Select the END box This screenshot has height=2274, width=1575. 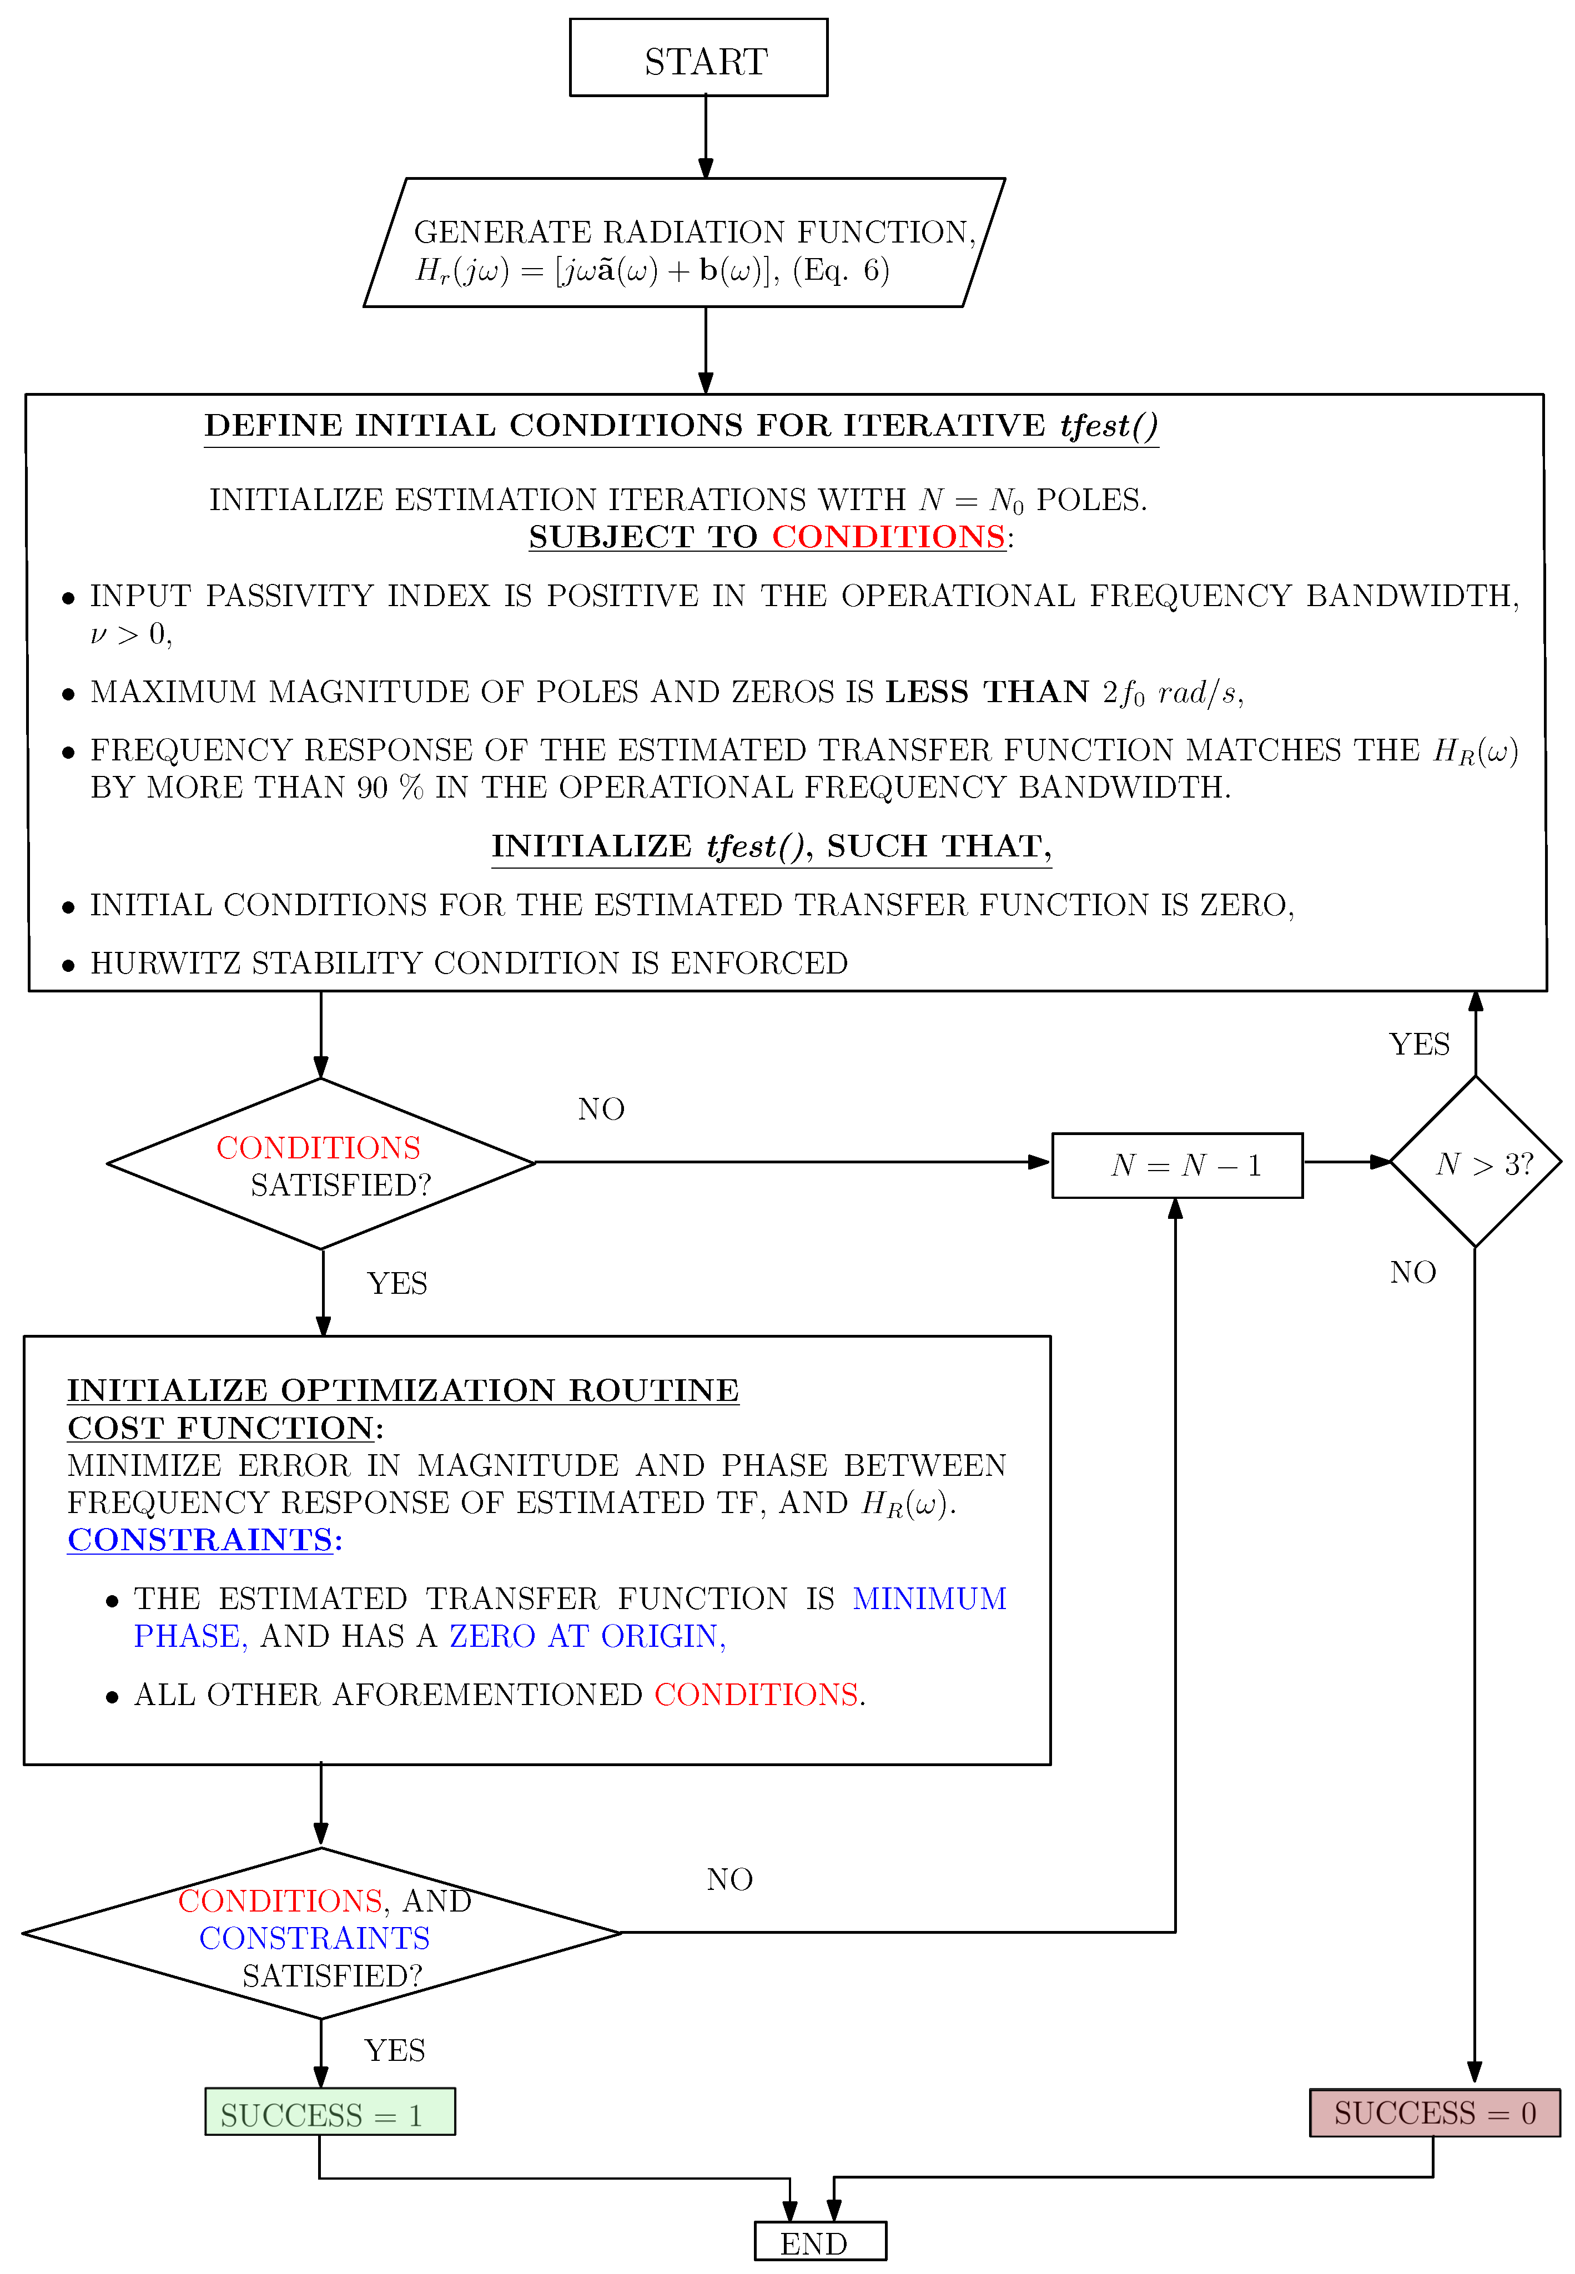pos(820,2242)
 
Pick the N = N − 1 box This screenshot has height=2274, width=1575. pos(1178,1165)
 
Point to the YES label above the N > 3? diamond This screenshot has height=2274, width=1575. pos(1419,1044)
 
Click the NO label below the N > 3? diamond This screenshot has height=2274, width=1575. pos(1413,1272)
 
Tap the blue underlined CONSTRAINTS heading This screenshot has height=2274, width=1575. pos(200,1540)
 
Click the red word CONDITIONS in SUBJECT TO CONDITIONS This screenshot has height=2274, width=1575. pos(888,537)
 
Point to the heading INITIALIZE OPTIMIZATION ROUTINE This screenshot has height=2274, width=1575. pos(402,1390)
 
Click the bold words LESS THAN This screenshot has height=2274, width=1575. pos(987,692)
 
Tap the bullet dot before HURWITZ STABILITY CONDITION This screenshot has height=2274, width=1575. pos(68,965)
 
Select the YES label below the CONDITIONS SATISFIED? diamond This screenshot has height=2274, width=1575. pos(397,1283)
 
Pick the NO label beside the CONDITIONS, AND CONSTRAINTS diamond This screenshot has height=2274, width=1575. pos(729,1879)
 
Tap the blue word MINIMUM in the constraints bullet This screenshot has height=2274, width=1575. pos(929,1598)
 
